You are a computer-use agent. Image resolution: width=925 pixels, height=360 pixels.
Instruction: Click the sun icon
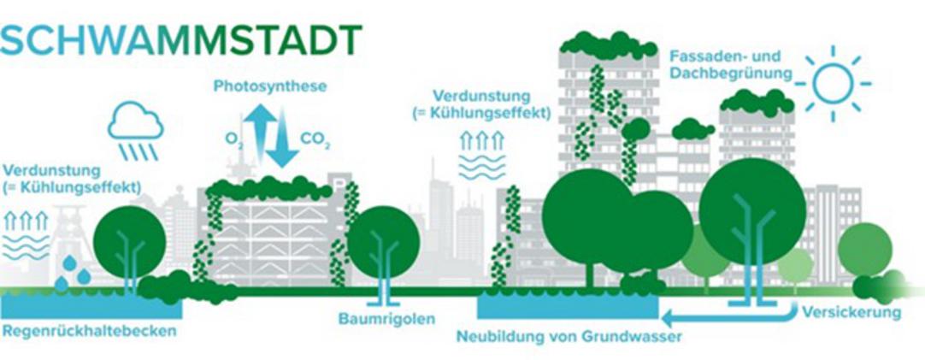pos(832,84)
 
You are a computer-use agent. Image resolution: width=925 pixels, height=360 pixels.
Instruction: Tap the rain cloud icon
pos(135,128)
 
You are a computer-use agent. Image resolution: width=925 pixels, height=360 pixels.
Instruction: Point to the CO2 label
pos(313,137)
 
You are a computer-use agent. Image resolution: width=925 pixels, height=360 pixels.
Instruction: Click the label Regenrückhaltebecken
pos(89,330)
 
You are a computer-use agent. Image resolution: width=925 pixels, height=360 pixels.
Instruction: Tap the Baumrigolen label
pos(382,319)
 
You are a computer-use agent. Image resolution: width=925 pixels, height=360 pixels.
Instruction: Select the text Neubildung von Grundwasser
pos(569,336)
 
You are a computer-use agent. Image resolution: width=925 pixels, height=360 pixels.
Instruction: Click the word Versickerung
pos(851,312)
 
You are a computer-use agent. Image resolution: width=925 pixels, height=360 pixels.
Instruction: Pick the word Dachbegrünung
pos(728,74)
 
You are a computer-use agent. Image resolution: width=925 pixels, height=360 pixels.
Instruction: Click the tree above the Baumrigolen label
pos(384,243)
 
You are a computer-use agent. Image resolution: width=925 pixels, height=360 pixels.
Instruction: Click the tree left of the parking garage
pos(129,240)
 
